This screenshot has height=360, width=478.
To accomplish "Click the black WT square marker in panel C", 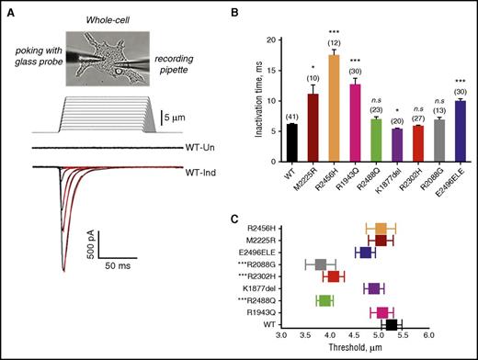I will [392, 324].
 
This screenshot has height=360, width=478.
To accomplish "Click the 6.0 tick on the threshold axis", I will [427, 337].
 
